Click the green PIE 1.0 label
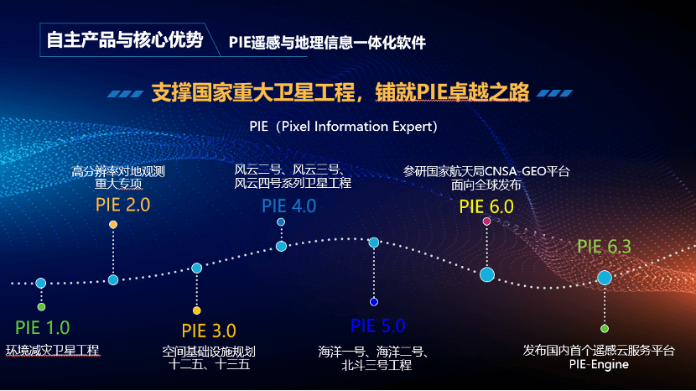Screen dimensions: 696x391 (x=43, y=328)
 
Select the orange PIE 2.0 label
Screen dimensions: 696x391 (x=123, y=205)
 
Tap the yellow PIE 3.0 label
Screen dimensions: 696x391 (x=209, y=331)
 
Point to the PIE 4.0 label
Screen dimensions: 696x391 (x=289, y=206)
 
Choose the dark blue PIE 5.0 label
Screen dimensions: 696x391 (x=377, y=326)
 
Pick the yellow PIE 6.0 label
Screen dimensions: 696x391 (x=486, y=206)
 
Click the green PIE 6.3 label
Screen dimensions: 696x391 (x=604, y=247)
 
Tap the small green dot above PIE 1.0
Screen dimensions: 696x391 (x=41, y=306)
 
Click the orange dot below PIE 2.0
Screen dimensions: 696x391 (x=113, y=224)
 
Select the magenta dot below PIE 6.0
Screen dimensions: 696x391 (x=486, y=221)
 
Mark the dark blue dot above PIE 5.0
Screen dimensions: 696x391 (x=374, y=302)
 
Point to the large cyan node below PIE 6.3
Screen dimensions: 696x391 (x=604, y=278)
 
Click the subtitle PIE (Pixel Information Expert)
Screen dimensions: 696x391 (x=343, y=127)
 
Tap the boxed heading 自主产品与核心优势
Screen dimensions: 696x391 (x=125, y=40)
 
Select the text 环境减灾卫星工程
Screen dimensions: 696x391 (x=52, y=350)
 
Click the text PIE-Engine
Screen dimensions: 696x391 (x=599, y=364)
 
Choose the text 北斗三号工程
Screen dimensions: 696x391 (x=377, y=365)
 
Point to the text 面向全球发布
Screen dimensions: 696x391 (x=486, y=185)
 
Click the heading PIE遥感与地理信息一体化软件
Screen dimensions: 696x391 (x=327, y=43)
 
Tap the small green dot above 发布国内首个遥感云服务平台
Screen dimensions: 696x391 (x=604, y=329)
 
